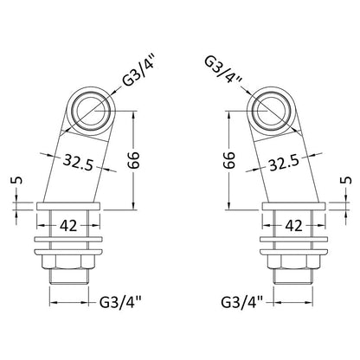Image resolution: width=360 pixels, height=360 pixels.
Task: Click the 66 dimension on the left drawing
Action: (134, 159)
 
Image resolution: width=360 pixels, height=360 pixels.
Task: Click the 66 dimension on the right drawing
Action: (229, 159)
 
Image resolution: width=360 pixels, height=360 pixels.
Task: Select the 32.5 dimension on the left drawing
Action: (78, 162)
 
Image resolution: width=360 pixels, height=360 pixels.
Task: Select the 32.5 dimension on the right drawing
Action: (284, 163)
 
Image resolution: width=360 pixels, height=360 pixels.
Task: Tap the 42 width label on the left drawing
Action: (68, 225)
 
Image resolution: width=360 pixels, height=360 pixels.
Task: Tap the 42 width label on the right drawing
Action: (293, 225)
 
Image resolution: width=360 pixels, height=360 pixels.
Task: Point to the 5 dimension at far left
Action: (16, 180)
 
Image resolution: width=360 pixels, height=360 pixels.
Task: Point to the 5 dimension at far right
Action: (348, 180)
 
